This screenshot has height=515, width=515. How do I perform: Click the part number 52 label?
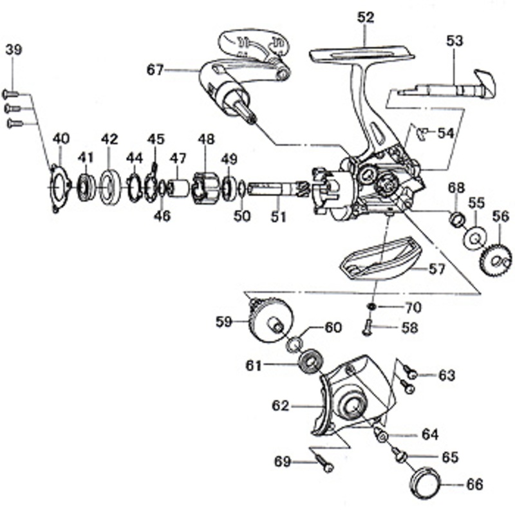[x=366, y=17]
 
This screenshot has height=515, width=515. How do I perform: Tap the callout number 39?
[x=14, y=50]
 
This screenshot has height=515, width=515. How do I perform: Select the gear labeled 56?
[x=497, y=259]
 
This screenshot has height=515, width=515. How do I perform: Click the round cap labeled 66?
[x=425, y=482]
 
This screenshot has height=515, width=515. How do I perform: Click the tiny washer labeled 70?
[x=371, y=306]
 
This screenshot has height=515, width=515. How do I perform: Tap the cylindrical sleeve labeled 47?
[x=179, y=189]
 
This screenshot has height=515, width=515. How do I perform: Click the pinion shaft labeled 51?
[x=277, y=189]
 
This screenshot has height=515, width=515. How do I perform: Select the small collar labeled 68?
[x=457, y=219]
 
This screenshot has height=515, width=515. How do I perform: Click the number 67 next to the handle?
[x=155, y=70]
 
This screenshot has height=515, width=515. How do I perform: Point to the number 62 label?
[x=280, y=406]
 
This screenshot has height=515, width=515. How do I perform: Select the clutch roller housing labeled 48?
[x=205, y=188]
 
